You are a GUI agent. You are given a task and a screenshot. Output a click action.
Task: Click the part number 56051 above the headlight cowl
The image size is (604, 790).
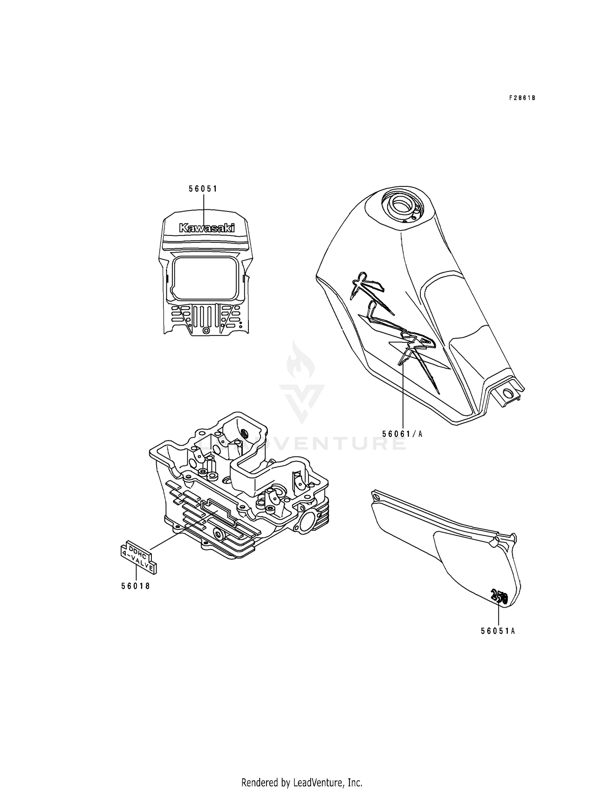pyautogui.click(x=203, y=189)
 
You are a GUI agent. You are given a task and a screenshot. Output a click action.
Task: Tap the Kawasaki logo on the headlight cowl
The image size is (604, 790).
pyautogui.click(x=206, y=228)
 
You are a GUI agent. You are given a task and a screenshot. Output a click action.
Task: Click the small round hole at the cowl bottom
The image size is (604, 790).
pyautogui.click(x=206, y=330)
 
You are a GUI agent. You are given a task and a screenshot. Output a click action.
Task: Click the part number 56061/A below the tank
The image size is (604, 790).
pyautogui.click(x=402, y=434)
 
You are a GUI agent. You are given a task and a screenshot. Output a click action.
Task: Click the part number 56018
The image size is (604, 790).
pyautogui.click(x=136, y=586)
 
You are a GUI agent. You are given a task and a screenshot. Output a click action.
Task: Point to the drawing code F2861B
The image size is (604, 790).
pyautogui.click(x=522, y=98)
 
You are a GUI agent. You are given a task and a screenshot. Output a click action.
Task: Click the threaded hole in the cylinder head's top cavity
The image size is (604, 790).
pyautogui.click(x=243, y=432)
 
